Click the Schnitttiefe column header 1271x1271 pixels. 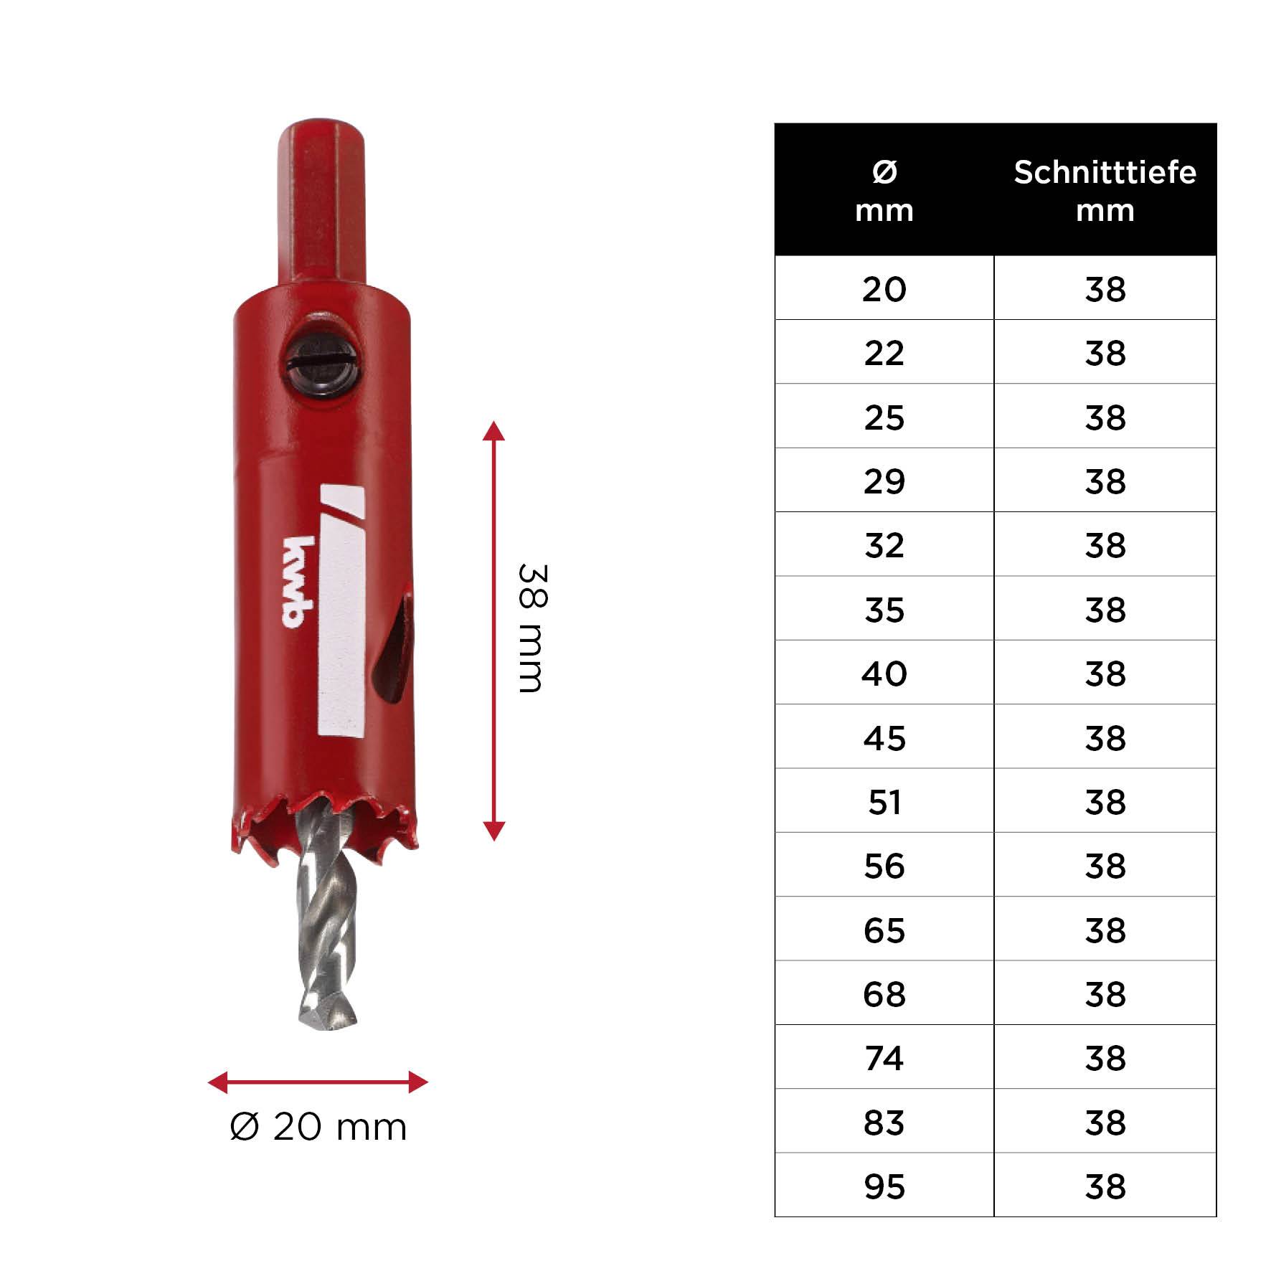pos(1105,191)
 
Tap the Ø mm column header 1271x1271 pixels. pos(884,191)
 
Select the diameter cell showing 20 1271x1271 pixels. pos(884,289)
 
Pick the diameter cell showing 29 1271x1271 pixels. pos(884,481)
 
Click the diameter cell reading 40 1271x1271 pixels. pos(884,674)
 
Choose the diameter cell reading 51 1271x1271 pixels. pos(884,802)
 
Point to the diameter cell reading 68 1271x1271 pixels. pos(884,994)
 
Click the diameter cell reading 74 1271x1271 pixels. pos(884,1058)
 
